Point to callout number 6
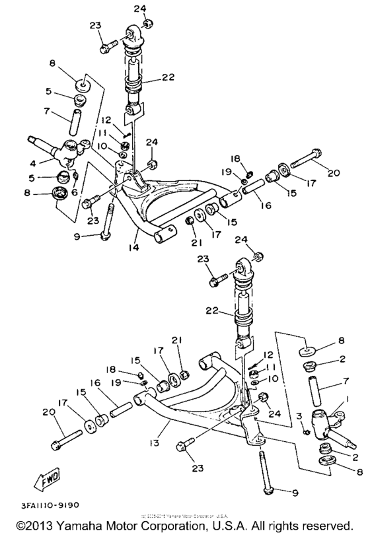(x=73, y=192)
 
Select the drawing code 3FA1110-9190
(x=40, y=505)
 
